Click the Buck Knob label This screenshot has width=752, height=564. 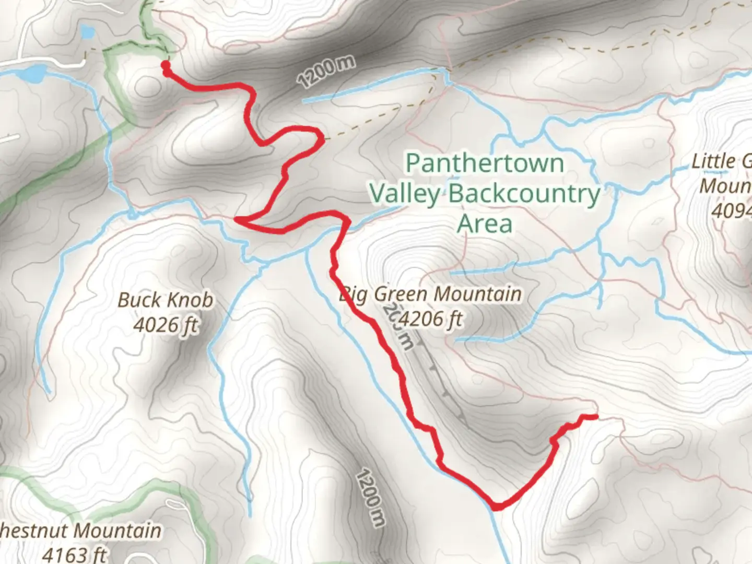(165, 300)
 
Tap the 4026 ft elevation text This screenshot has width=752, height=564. (165, 325)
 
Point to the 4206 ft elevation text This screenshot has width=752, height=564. (431, 318)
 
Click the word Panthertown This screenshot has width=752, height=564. (485, 163)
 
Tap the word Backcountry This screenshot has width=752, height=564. (524, 194)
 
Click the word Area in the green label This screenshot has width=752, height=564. (485, 224)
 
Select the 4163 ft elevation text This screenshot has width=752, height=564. (74, 554)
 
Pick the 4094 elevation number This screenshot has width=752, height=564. (731, 210)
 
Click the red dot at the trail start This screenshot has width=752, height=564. (166, 66)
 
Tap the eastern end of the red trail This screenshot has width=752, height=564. (595, 416)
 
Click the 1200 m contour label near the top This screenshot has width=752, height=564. (326, 71)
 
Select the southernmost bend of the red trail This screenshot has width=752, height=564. (497, 506)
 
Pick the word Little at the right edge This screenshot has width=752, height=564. (713, 161)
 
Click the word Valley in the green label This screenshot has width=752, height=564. (405, 194)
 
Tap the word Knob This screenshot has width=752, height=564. (192, 300)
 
